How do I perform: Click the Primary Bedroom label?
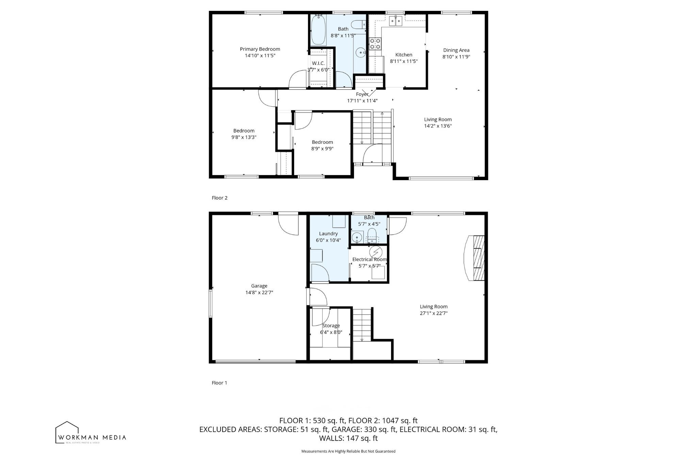click(260, 49)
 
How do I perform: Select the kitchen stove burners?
click(375, 44)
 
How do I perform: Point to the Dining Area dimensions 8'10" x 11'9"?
click(456, 57)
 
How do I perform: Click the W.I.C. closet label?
click(318, 63)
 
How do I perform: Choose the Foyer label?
click(362, 94)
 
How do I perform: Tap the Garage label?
click(259, 286)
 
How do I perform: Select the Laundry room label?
click(328, 234)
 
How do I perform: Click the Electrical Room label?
click(370, 259)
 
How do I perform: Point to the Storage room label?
click(331, 326)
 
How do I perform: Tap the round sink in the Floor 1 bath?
click(357, 237)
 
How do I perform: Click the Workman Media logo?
click(91, 432)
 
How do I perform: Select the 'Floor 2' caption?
click(220, 198)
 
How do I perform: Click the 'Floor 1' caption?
click(220, 383)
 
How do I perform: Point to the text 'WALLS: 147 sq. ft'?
click(348, 438)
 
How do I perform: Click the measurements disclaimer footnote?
click(348, 451)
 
